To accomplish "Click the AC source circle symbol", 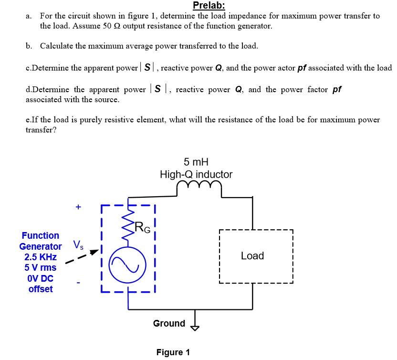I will pyautogui.click(x=127, y=265).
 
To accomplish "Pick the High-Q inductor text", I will pyautogui.click(x=196, y=174).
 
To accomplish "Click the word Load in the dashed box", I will pyautogui.click(x=252, y=256).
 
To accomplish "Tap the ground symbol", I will pyautogui.click(x=194, y=326).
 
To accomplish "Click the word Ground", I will pyautogui.click(x=169, y=323).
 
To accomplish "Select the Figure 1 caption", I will pyautogui.click(x=173, y=352).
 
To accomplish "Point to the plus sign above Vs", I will pyautogui.click(x=78, y=207).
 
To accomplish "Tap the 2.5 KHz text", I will pyautogui.click(x=41, y=257).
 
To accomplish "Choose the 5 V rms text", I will pyautogui.click(x=41, y=267).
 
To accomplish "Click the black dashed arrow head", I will pyautogui.click(x=95, y=252).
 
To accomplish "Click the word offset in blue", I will pyautogui.click(x=41, y=289).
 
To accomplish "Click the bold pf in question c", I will pyautogui.click(x=302, y=68).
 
